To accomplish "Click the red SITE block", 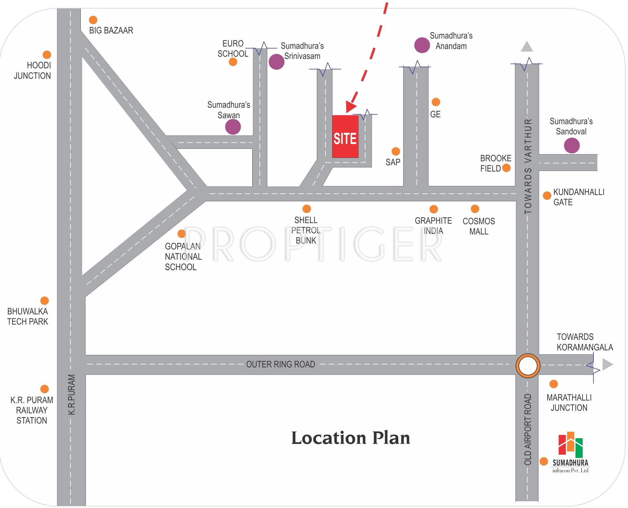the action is tap(345, 136).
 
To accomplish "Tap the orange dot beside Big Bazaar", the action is tap(93, 20).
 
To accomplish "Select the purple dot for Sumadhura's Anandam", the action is tap(422, 45).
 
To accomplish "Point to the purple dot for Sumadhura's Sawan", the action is tap(233, 127).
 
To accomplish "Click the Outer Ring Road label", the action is tap(281, 364).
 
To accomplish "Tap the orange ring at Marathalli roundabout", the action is tap(528, 366).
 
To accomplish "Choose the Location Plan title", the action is tap(351, 438).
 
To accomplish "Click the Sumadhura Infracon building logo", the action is tap(570, 444).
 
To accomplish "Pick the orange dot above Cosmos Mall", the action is tap(475, 209).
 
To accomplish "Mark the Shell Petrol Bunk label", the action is tap(306, 230).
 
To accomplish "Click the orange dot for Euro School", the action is tap(233, 62).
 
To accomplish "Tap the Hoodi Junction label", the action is tap(33, 71).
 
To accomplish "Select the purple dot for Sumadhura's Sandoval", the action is tap(572, 145).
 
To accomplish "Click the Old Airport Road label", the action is tap(528, 429).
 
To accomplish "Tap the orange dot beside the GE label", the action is tap(436, 102).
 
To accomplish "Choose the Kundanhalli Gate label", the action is tap(579, 197).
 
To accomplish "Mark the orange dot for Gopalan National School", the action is tap(182, 234).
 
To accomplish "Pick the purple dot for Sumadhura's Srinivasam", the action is tap(276, 62).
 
